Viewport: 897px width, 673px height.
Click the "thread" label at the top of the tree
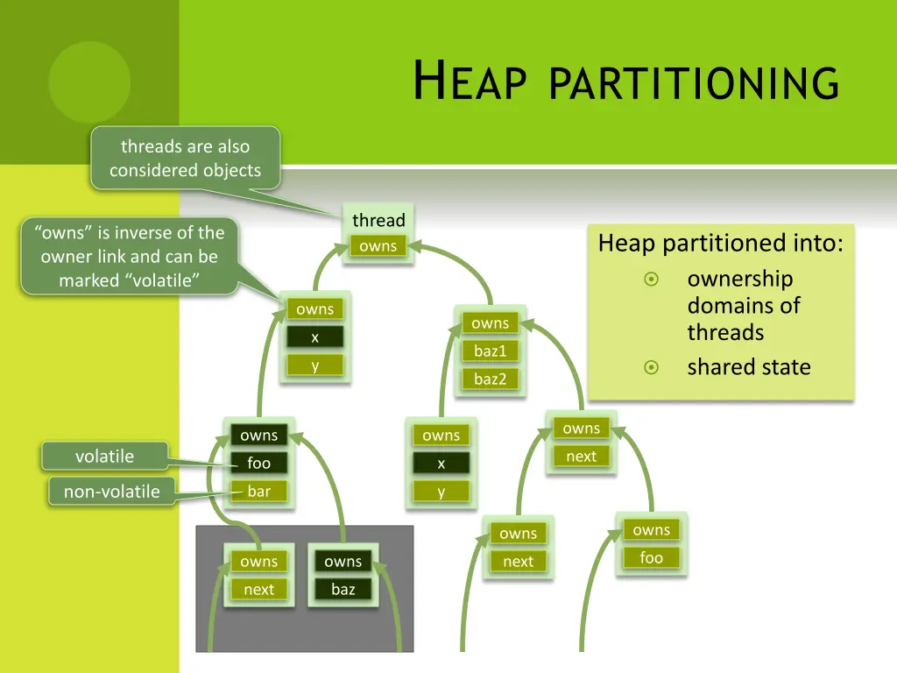tap(378, 220)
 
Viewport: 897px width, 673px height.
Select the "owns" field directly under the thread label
tap(378, 246)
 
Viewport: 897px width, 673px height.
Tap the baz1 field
tap(490, 351)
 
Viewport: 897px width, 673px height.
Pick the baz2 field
tap(490, 379)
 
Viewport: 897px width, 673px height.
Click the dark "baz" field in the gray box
tap(343, 590)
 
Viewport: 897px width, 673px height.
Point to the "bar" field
tap(258, 492)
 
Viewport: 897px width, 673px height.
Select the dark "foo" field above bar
tap(258, 464)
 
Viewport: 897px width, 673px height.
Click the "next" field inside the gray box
tap(258, 590)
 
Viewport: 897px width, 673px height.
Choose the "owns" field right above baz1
tap(490, 323)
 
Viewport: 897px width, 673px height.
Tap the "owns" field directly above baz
tap(343, 562)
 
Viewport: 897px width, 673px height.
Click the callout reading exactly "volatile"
tap(104, 457)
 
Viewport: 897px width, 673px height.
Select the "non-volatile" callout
tap(111, 492)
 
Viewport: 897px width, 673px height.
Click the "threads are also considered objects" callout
tap(185, 159)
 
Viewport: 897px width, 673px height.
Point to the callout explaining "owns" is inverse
tap(129, 256)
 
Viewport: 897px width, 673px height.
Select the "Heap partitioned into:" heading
tap(720, 243)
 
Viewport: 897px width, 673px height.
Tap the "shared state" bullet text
tap(749, 367)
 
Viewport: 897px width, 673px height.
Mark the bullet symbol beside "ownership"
tap(651, 280)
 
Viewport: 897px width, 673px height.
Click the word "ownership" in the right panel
tap(739, 280)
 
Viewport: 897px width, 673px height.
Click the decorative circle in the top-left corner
tap(89, 81)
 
